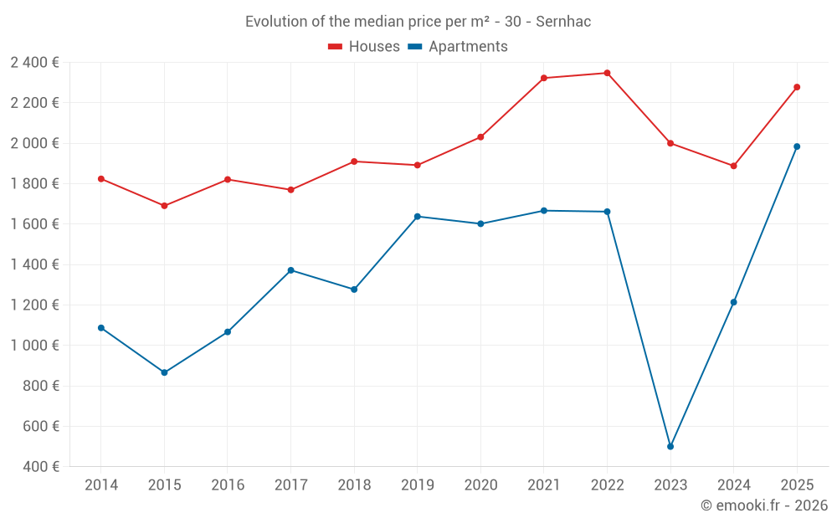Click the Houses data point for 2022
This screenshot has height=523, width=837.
pos(607,73)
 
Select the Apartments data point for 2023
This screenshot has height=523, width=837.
pos(670,446)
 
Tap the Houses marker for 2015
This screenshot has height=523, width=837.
pos(164,206)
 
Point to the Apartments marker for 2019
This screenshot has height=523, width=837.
pos(418,217)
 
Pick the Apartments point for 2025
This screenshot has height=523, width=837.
pos(797,146)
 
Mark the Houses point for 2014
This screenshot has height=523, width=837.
pos(101,179)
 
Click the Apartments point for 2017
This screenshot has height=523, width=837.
pos(290,270)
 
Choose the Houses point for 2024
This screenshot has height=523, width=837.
pos(733,166)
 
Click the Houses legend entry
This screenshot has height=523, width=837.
pos(364,47)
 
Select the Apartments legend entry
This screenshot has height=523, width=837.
pos(458,47)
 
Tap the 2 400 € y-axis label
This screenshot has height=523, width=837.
pos(34,63)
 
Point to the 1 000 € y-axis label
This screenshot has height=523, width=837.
pos(34,346)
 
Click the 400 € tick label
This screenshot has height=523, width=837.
pos(41,467)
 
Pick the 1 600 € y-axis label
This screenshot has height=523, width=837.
pos(34,224)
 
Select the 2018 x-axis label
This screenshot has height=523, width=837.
pos(354,485)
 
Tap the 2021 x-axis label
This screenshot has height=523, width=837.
pos(544,485)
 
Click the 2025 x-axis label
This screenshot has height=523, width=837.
pos(797,485)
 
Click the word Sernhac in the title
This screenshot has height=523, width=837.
pos(563,22)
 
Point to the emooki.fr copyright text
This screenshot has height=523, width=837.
pos(764,505)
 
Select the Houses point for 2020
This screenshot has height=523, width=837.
pos(480,136)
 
